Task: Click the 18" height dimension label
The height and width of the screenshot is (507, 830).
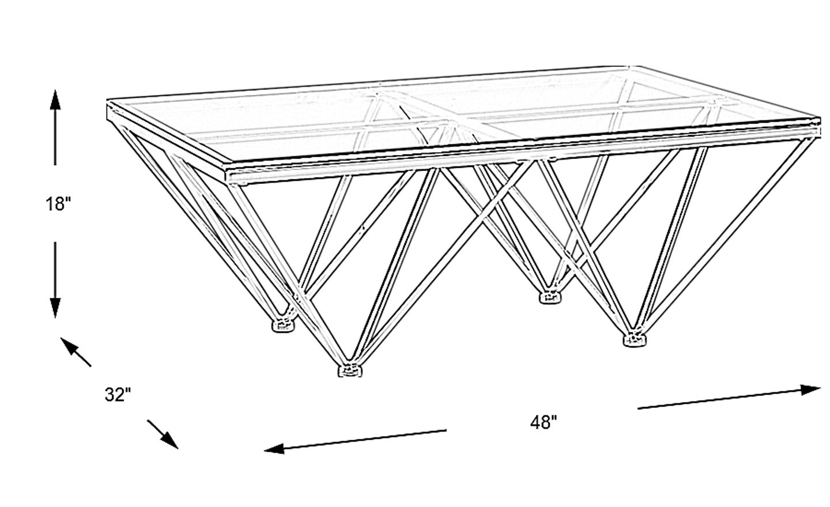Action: pyautogui.click(x=58, y=204)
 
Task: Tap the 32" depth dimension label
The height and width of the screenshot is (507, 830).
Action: pyautogui.click(x=118, y=395)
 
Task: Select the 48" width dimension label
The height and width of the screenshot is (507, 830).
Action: pyautogui.click(x=544, y=422)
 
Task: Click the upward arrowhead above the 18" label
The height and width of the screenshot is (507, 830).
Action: pyautogui.click(x=55, y=100)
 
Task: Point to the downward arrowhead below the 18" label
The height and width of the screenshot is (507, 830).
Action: pyautogui.click(x=55, y=308)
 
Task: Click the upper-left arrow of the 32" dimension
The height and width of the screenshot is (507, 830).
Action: pyautogui.click(x=76, y=352)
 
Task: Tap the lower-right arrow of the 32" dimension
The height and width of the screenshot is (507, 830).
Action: pyautogui.click(x=163, y=434)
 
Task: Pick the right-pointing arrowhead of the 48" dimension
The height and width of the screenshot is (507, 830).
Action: pyautogui.click(x=810, y=390)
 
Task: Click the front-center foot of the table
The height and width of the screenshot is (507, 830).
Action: pyautogui.click(x=350, y=370)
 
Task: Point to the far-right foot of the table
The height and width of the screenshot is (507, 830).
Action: pyautogui.click(x=635, y=339)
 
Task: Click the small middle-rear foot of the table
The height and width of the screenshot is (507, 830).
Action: pyautogui.click(x=550, y=297)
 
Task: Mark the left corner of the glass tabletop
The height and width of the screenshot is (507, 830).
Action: pyautogui.click(x=107, y=100)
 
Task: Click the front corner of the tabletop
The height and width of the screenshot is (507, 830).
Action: pyautogui.click(x=226, y=163)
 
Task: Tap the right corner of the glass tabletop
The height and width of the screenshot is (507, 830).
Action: pyautogui.click(x=820, y=119)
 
